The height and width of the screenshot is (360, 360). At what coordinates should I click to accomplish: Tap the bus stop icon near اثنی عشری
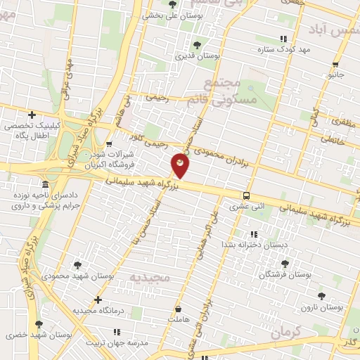(246, 196)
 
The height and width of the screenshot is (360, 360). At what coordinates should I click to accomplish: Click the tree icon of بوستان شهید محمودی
(77, 264)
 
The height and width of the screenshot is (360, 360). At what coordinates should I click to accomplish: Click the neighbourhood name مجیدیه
(150, 278)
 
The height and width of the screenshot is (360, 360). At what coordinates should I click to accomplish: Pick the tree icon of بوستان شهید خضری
(38, 324)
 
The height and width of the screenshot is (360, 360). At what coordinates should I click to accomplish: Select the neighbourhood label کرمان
(286, 330)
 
